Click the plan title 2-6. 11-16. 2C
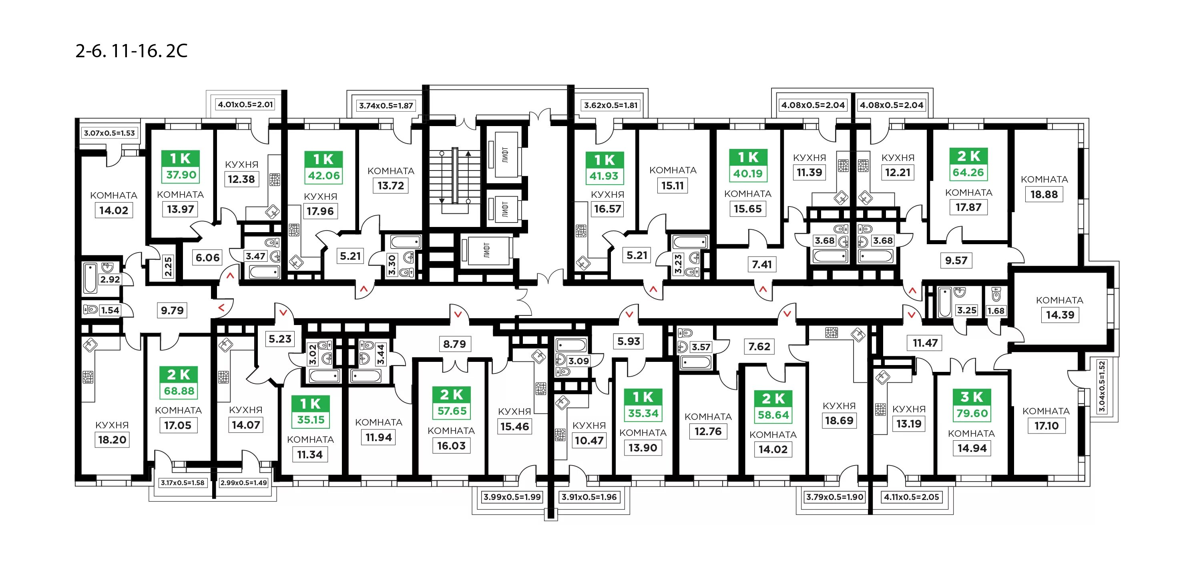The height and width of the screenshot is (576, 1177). click(131, 51)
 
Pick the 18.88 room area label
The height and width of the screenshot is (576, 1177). click(1044, 194)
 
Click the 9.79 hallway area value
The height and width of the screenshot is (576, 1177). click(172, 310)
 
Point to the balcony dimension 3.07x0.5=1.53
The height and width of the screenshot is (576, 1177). click(109, 133)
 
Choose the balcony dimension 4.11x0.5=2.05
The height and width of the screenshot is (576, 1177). click(912, 497)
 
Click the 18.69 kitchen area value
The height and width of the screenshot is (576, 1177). click(839, 421)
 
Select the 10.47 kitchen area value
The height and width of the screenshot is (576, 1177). click(589, 440)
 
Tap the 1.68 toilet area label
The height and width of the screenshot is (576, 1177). click(996, 311)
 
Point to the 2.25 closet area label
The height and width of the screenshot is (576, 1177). click(168, 266)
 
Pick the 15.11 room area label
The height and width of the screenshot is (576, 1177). click(673, 185)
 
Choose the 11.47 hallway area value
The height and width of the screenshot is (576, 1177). click(925, 343)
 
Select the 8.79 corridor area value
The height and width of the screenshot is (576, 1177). click(455, 344)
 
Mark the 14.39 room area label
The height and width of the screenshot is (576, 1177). click(1060, 315)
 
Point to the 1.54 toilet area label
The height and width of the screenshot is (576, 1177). click(110, 310)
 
